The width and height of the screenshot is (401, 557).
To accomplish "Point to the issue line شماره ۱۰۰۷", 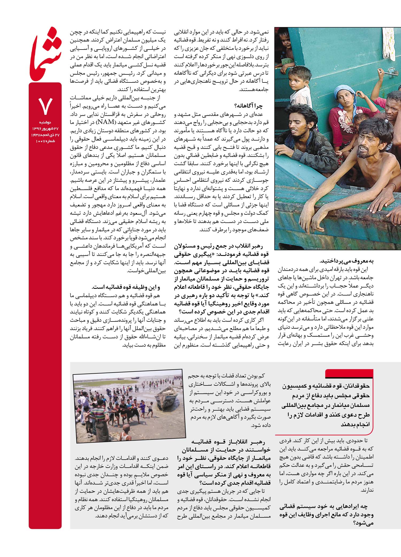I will tap(45, 141).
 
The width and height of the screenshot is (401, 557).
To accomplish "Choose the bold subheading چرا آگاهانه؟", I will tap(249, 106).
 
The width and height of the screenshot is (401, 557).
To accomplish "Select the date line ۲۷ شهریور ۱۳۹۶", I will tap(45, 129).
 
